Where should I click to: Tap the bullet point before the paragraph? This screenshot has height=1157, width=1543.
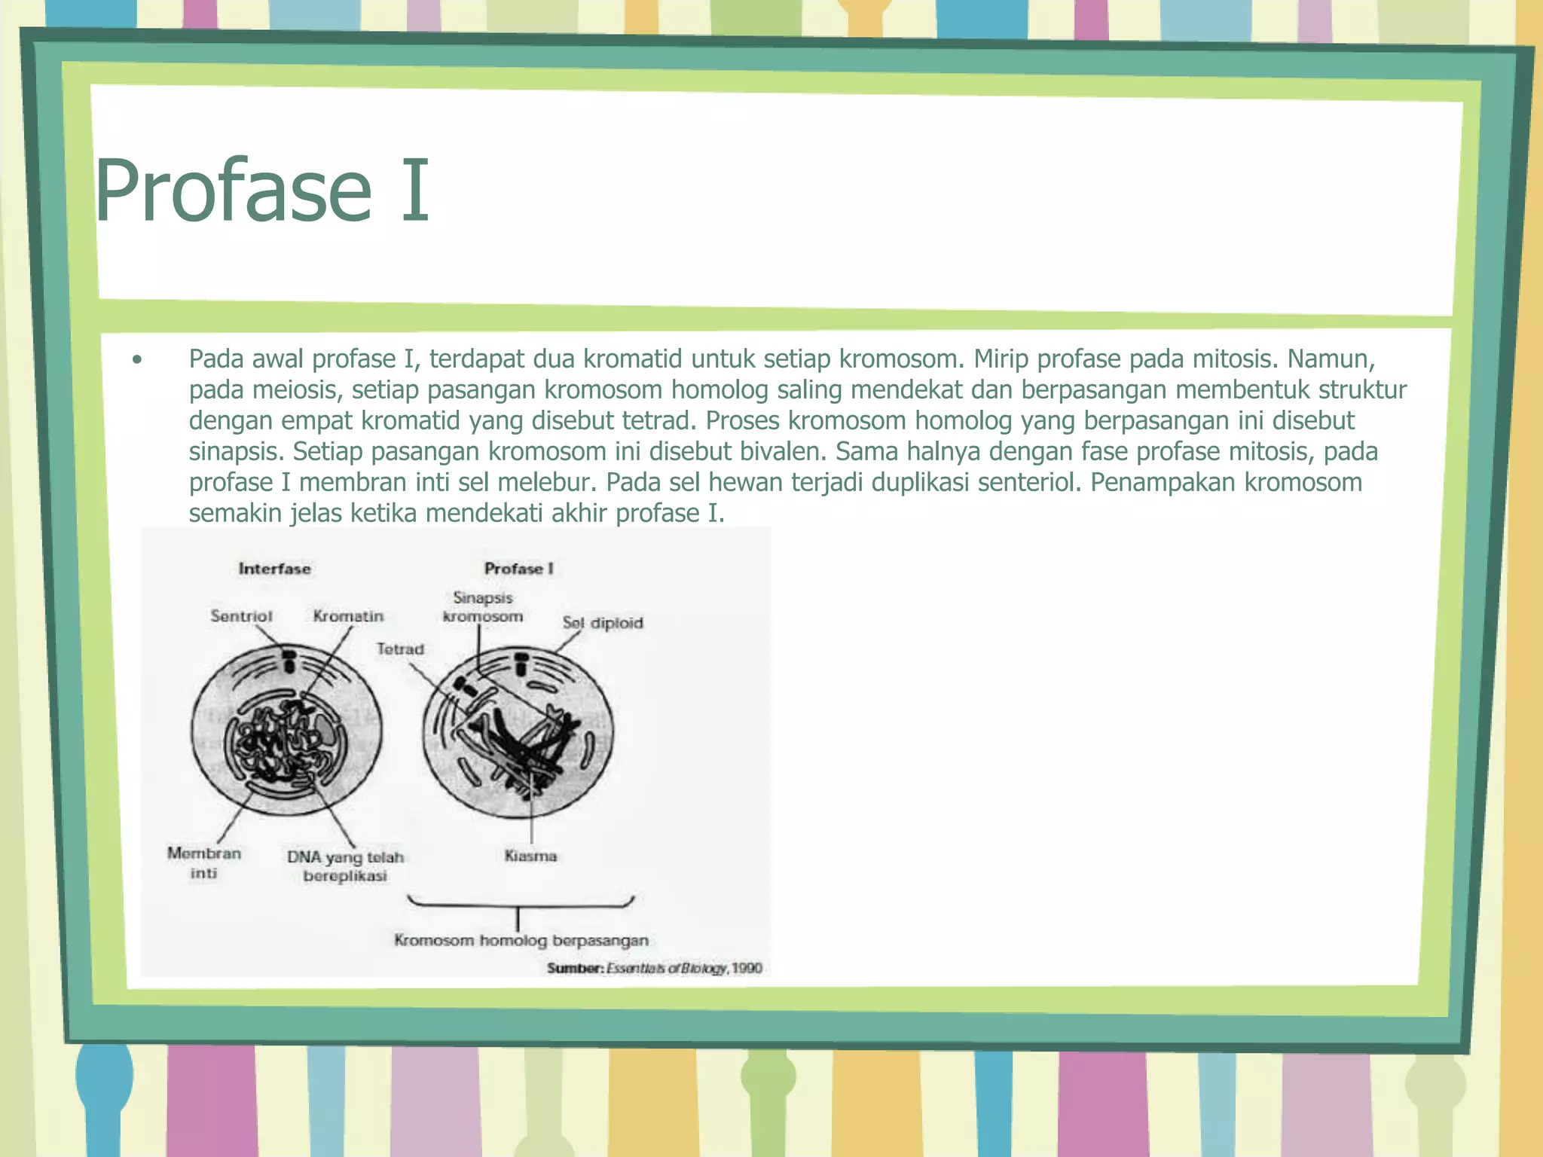pyautogui.click(x=136, y=360)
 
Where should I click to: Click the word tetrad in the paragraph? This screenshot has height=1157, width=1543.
pyautogui.click(x=660, y=420)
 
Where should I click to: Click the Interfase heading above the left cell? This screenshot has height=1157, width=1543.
pyautogui.click(x=274, y=569)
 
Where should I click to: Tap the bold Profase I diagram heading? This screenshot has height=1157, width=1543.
pyautogui.click(x=518, y=569)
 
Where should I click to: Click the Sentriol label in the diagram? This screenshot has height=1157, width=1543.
pyautogui.click(x=241, y=616)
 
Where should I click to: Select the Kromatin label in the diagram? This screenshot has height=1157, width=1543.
pyautogui.click(x=348, y=616)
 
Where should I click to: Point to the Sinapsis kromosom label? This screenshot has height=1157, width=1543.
pyautogui.click(x=483, y=607)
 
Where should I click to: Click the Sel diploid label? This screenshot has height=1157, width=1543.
pyautogui.click(x=603, y=623)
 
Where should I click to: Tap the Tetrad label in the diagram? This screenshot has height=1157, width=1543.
pyautogui.click(x=400, y=649)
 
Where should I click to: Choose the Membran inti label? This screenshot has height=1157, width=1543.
pyautogui.click(x=204, y=863)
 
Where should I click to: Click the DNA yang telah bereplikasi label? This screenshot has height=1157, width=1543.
pyautogui.click(x=345, y=866)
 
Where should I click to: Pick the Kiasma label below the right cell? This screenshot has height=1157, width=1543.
pyautogui.click(x=530, y=856)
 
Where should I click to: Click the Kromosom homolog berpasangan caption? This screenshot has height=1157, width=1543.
pyautogui.click(x=521, y=940)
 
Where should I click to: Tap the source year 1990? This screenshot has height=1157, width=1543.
pyautogui.click(x=747, y=968)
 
